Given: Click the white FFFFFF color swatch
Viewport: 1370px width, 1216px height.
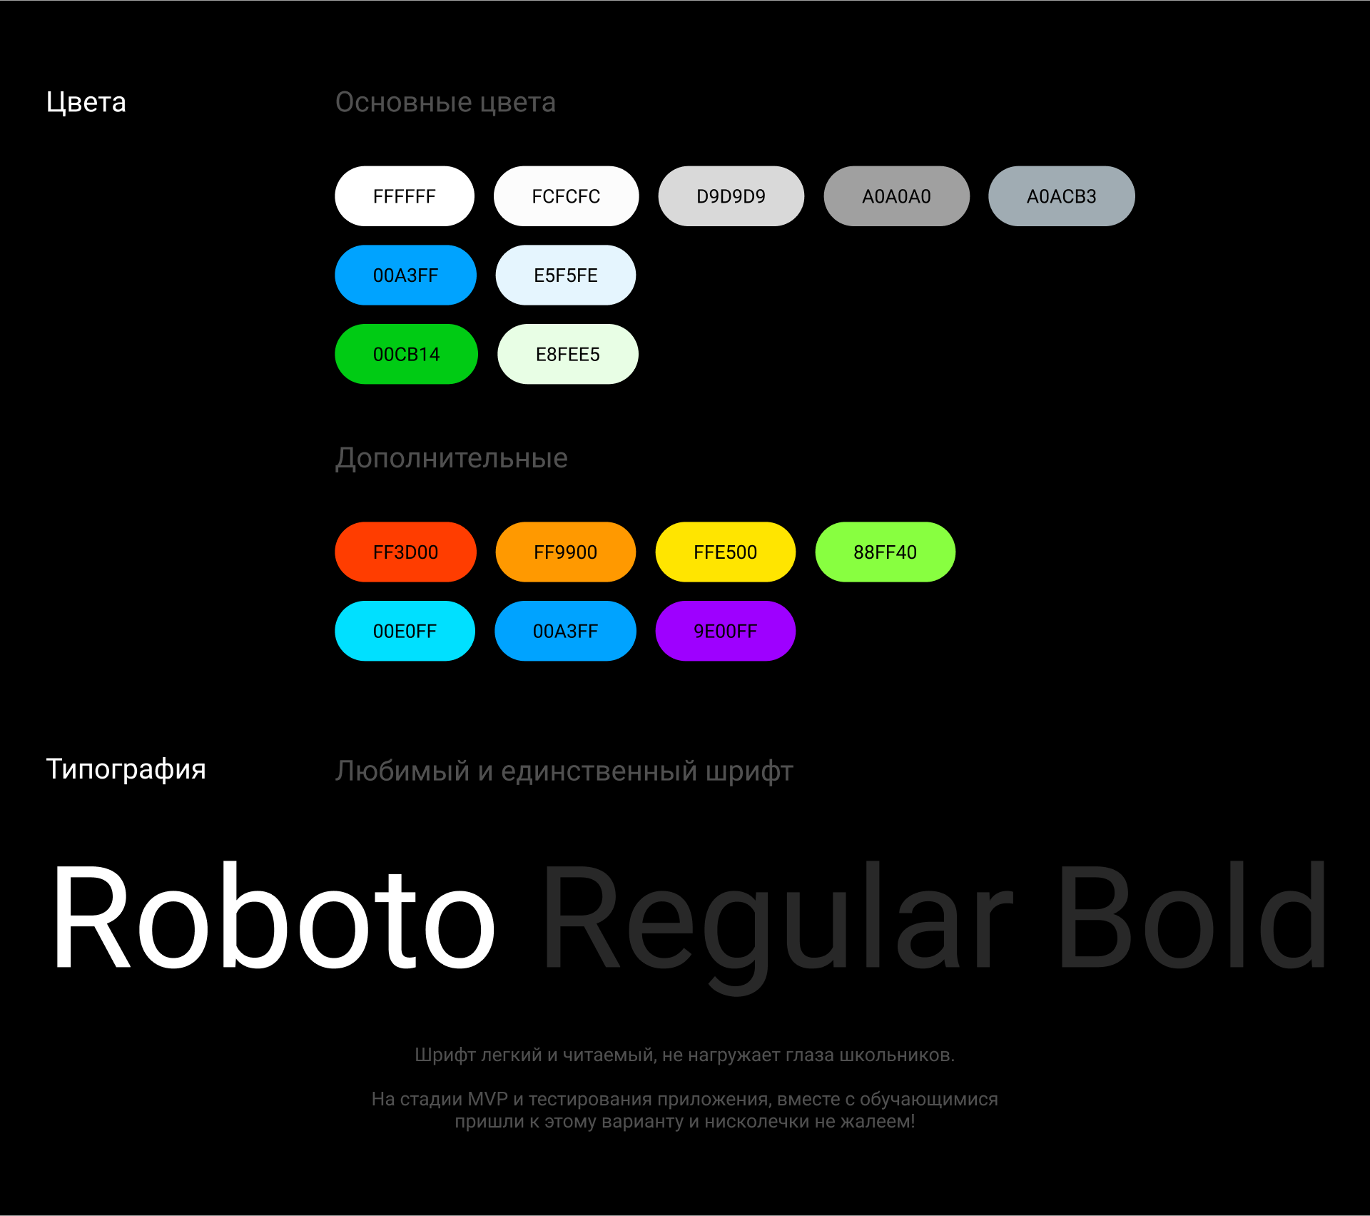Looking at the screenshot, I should [405, 196].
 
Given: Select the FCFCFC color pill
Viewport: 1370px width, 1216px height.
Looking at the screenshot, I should [566, 196].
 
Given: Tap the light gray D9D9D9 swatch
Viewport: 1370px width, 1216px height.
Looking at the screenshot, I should [731, 196].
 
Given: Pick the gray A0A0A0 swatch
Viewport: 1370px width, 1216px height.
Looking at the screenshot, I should [896, 196].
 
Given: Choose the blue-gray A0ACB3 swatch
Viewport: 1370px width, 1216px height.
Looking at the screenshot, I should [1061, 196].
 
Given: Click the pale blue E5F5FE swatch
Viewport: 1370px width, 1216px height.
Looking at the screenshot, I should [565, 275].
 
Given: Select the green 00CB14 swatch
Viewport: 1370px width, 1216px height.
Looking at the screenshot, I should [406, 355].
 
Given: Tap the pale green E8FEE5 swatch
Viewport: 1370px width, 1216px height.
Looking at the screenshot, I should [567, 355].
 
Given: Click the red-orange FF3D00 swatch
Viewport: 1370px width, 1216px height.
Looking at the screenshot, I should [405, 552].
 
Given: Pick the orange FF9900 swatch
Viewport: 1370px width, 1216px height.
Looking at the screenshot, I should [565, 552].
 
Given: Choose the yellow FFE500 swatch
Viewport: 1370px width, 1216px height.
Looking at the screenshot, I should [725, 552].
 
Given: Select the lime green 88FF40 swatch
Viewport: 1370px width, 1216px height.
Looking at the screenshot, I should [885, 552].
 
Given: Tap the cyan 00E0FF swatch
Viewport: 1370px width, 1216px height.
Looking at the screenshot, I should [405, 632].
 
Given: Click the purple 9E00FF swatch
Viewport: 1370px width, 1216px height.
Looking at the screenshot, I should [725, 632].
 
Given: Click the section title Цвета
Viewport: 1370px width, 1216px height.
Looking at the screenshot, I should [86, 103].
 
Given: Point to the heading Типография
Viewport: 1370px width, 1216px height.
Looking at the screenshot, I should [126, 769].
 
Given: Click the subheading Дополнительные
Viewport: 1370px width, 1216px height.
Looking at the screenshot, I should [452, 458].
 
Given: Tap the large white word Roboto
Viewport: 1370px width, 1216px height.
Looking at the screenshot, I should [274, 917].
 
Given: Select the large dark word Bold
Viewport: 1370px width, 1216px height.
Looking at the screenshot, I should [1192, 917].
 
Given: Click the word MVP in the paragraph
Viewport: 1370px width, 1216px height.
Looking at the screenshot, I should [487, 1099].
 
